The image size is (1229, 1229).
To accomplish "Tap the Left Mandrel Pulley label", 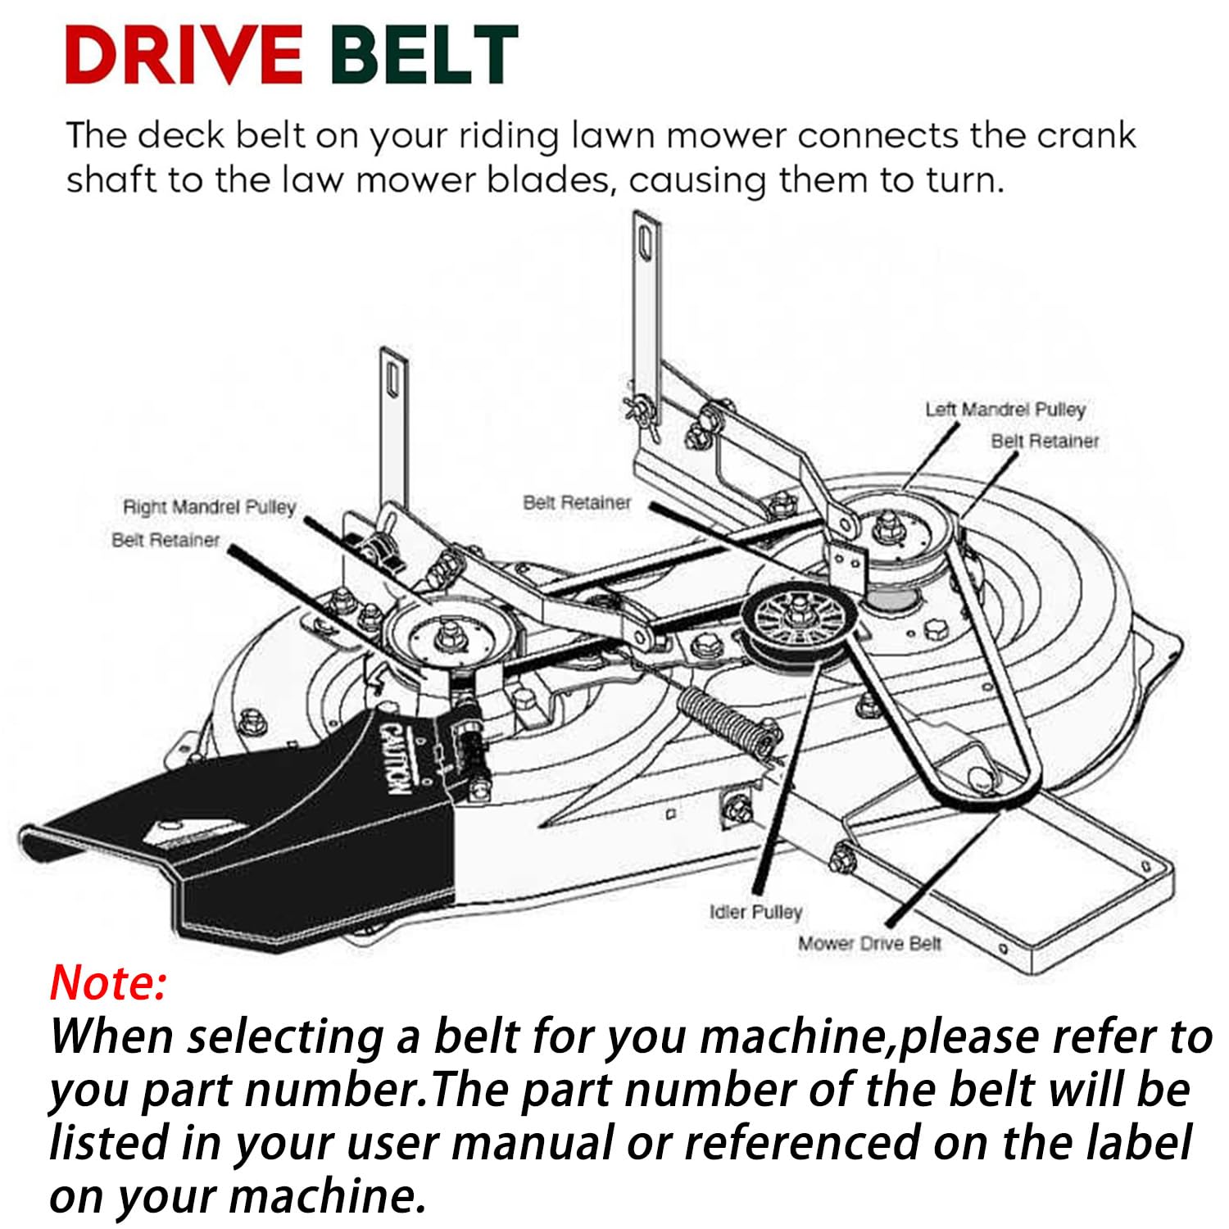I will click(x=1005, y=409).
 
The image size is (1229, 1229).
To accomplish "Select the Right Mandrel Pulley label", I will click(x=209, y=507).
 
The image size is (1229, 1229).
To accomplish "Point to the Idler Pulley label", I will click(x=755, y=912).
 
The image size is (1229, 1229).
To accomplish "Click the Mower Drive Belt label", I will click(x=869, y=944).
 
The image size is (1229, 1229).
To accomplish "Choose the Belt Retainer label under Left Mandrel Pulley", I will click(x=1045, y=441).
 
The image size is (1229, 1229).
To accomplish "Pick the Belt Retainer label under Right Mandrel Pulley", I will click(x=166, y=540).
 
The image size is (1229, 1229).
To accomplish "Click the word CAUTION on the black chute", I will click(x=395, y=758).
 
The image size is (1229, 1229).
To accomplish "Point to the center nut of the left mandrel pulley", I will click(x=887, y=524).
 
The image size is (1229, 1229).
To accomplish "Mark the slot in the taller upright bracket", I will click(x=646, y=243).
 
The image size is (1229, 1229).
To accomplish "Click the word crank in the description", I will click(x=1086, y=135).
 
